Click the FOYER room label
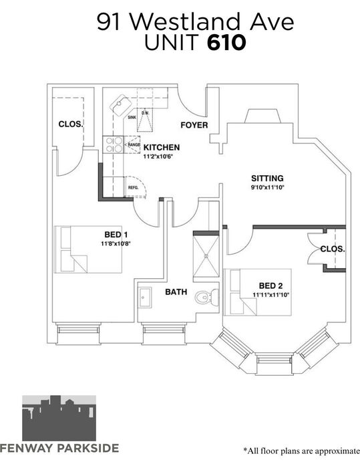tap(194, 125)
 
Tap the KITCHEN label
tap(162, 147)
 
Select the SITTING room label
tap(267, 179)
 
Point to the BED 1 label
tap(116, 235)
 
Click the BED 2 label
tap(271, 286)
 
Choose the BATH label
tap(176, 292)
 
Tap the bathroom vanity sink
tap(145, 298)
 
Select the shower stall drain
tap(206, 255)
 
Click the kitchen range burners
tap(113, 144)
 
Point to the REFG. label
tap(134, 187)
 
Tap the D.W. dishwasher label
tap(145, 113)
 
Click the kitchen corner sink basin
tap(121, 105)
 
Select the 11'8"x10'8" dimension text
tap(116, 244)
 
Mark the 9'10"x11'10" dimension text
tap(267, 187)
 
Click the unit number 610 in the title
tap(226, 43)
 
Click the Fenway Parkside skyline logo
tap(59, 418)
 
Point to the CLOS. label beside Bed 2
tap(333, 249)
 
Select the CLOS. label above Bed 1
tap(70, 124)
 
